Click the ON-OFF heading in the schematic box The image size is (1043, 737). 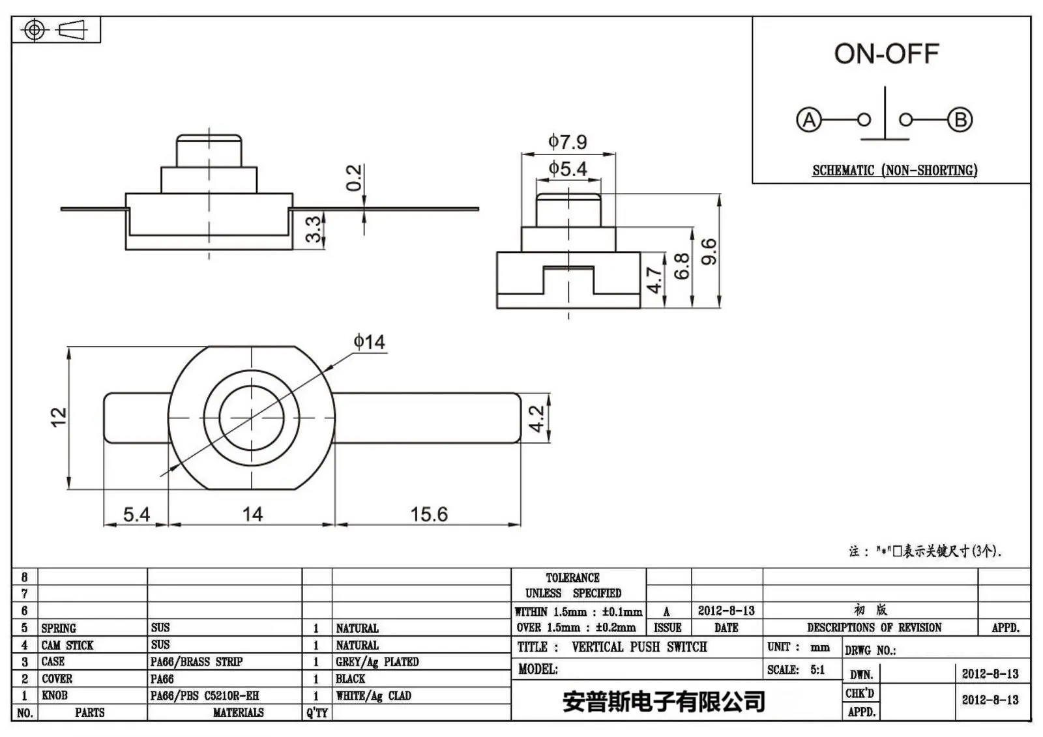(887, 54)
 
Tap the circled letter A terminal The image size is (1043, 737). (809, 120)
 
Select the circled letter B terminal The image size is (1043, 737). (960, 120)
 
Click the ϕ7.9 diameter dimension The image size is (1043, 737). (568, 141)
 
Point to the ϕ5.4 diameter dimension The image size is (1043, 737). (568, 169)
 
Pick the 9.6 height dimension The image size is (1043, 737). (709, 252)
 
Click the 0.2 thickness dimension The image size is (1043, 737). (354, 177)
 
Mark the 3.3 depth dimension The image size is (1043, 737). (314, 229)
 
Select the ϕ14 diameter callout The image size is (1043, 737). (369, 342)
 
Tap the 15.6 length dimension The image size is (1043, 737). (429, 514)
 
